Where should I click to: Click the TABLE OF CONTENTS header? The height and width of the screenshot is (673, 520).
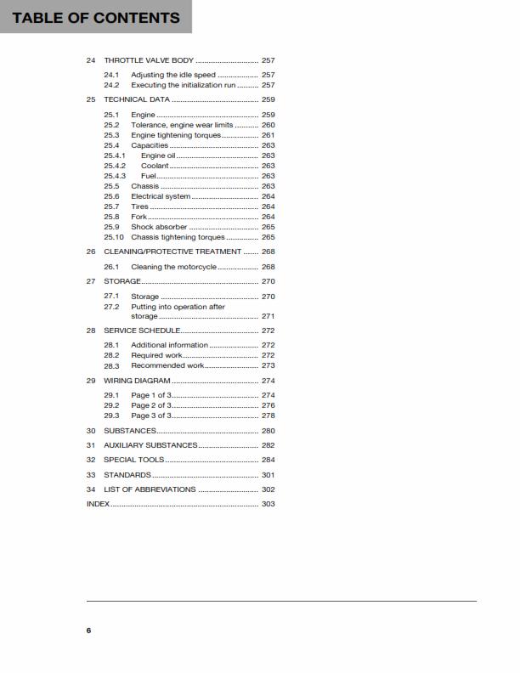95,17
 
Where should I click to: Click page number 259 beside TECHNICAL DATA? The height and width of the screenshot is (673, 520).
268,99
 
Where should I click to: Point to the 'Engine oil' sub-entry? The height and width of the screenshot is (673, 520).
158,156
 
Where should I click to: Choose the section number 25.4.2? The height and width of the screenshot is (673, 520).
115,166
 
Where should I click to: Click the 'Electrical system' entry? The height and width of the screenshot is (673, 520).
161,196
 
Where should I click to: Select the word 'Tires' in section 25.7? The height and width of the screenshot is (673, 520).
139,206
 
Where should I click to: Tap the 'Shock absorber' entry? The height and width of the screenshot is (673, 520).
159,227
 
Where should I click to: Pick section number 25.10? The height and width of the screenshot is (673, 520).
114,237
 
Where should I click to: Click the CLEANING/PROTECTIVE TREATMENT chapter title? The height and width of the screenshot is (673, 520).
172,252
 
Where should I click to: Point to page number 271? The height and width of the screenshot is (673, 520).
268,316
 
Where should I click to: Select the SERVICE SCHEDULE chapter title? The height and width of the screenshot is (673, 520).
142,331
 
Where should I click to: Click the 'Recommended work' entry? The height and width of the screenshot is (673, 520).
167,365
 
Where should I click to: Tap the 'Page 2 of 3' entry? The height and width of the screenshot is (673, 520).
150,405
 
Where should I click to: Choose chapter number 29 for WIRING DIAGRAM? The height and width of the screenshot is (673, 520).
91,381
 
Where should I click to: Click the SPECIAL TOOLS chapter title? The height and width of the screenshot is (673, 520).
134,460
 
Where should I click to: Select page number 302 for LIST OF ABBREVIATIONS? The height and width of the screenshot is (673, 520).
268,489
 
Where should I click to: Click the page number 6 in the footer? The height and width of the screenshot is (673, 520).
88,631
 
